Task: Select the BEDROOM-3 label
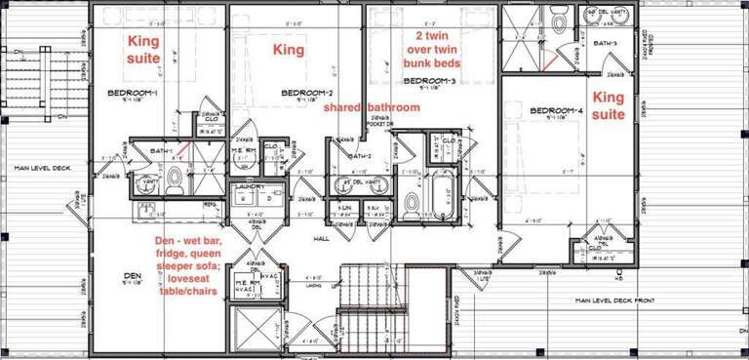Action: pyautogui.click(x=431, y=80)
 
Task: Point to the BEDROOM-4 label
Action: pyautogui.click(x=556, y=112)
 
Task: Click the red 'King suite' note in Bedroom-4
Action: pyautogui.click(x=609, y=105)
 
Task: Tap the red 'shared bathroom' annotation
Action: pyautogui.click(x=373, y=107)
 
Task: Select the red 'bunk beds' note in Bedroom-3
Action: pyautogui.click(x=432, y=49)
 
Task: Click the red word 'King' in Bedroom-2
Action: pyautogui.click(x=288, y=49)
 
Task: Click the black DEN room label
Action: pyautogui.click(x=133, y=276)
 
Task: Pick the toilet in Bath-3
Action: pyautogui.click(x=559, y=20)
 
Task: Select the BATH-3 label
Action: pyautogui.click(x=605, y=44)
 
